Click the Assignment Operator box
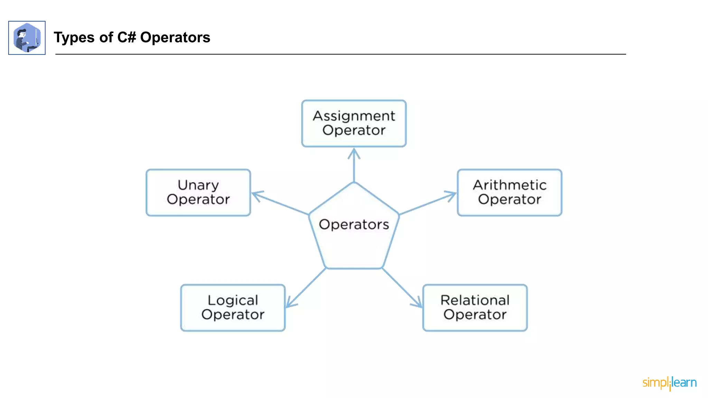pos(354,123)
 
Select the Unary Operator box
pos(198,192)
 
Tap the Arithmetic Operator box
pos(509,192)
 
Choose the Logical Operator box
pos(233,307)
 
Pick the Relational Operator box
pos(475,307)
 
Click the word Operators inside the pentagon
pos(354,225)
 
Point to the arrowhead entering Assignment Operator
pos(354,152)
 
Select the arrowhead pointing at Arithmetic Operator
pos(452,195)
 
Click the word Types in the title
pos(74,38)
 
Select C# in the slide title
pos(127,37)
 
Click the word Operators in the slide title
pos(175,37)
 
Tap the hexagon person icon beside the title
pos(27,38)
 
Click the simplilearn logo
pos(669,383)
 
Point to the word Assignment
pos(354,116)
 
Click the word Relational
pos(475,300)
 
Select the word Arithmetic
pos(509,185)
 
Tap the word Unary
pos(198,185)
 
